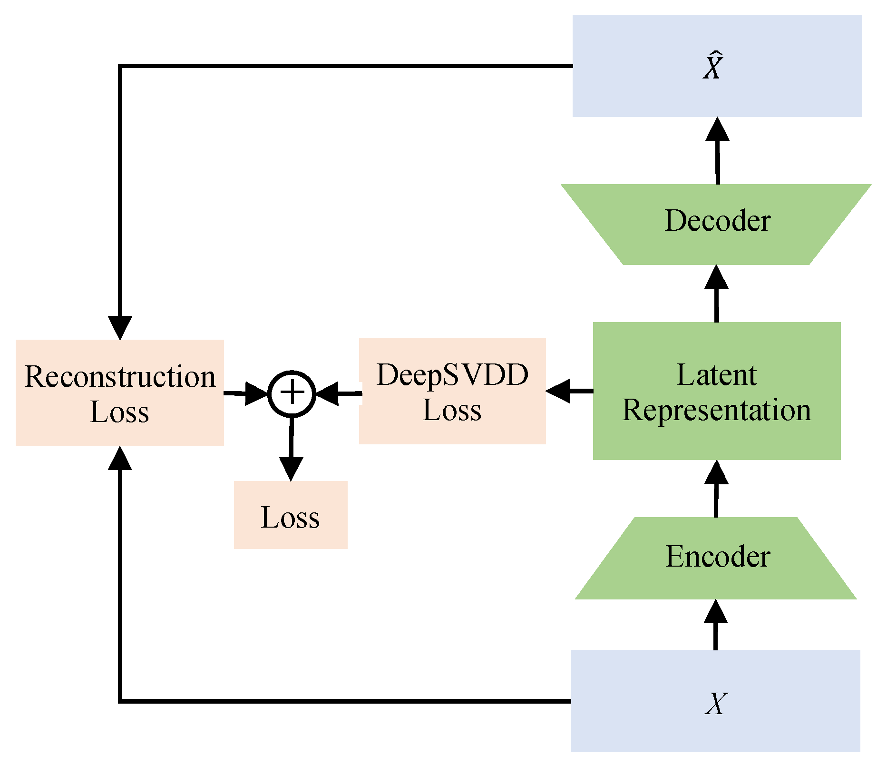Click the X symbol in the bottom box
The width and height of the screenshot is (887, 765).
pos(716,703)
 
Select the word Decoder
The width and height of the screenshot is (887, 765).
pos(717,221)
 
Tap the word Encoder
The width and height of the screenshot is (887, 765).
pos(717,557)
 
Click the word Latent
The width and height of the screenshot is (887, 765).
pos(716,375)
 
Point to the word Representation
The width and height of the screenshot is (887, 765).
pos(716,410)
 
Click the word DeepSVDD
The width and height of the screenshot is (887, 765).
pos(452,375)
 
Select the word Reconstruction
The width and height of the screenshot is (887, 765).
pos(120,377)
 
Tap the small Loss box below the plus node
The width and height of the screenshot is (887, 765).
pos(291,516)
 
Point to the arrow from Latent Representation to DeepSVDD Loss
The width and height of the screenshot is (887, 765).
pos(569,391)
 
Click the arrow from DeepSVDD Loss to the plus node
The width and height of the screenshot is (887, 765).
pos(338,394)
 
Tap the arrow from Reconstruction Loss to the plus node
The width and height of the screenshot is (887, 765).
pos(245,394)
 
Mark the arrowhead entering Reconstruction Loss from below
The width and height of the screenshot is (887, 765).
pos(120,459)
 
